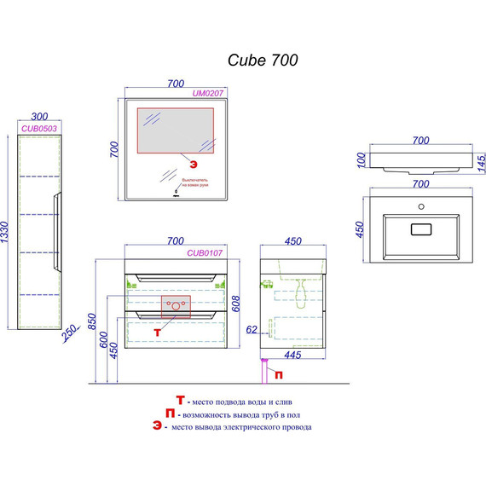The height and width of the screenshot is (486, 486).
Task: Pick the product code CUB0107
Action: click(205, 252)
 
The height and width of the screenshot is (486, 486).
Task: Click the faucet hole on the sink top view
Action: click(419, 207)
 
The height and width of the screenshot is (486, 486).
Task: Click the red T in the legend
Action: click(180, 400)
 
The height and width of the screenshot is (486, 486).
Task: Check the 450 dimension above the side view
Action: click(292, 241)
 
